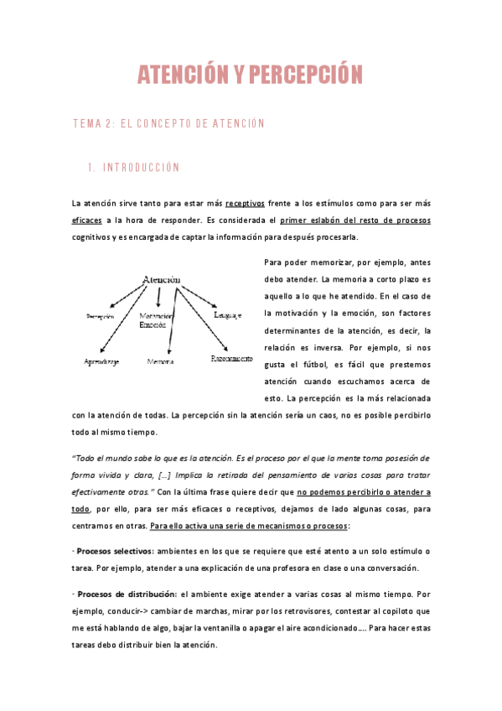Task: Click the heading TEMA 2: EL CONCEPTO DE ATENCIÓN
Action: point(169,123)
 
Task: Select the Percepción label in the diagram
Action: point(99,316)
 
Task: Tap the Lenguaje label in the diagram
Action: point(227,315)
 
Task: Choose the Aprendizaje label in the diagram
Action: point(101,361)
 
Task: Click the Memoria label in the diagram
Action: point(160,361)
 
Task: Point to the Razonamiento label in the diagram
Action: point(231,358)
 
